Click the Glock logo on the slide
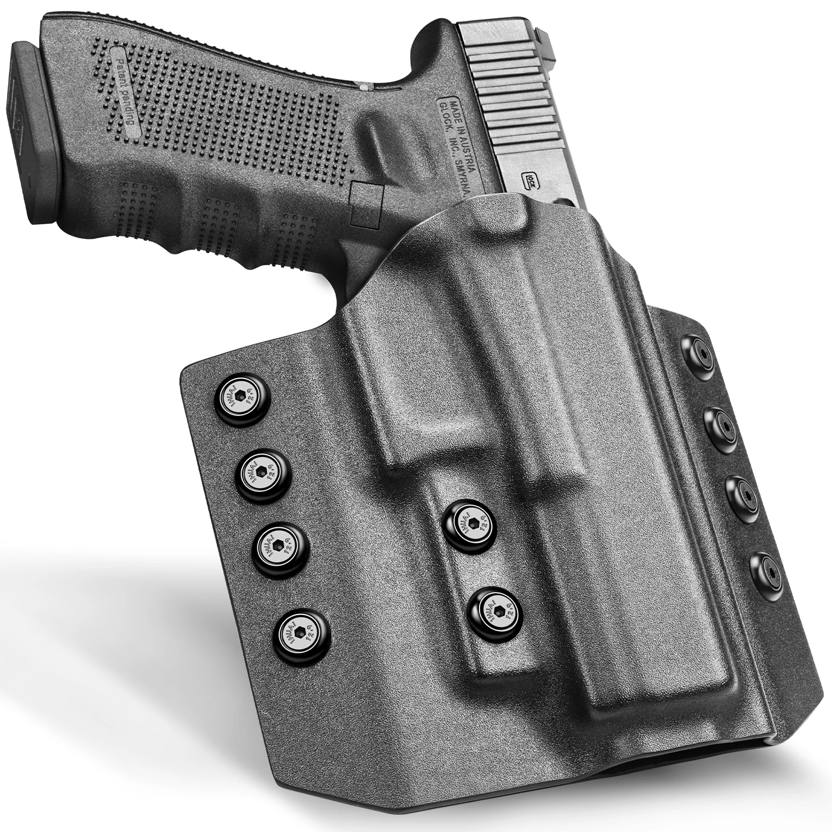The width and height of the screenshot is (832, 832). [529, 180]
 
